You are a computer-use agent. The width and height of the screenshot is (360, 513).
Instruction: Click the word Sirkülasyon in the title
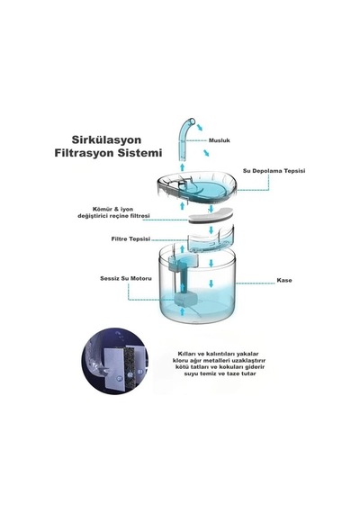click(x=106, y=140)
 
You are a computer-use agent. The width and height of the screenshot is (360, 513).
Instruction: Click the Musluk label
click(x=220, y=140)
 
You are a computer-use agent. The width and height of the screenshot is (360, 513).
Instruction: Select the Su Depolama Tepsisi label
click(x=274, y=171)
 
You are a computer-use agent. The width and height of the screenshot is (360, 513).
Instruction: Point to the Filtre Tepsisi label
click(x=130, y=238)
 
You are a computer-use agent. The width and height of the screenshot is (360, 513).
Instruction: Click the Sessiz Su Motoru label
click(x=126, y=279)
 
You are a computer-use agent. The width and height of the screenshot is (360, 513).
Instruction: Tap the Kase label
click(x=284, y=281)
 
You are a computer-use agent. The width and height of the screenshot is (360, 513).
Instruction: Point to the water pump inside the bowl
click(x=185, y=299)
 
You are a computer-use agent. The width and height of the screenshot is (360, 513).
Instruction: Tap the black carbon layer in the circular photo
click(x=130, y=365)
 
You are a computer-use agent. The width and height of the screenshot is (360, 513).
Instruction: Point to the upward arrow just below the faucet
click(x=183, y=167)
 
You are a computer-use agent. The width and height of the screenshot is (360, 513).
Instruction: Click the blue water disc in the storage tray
click(x=207, y=189)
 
